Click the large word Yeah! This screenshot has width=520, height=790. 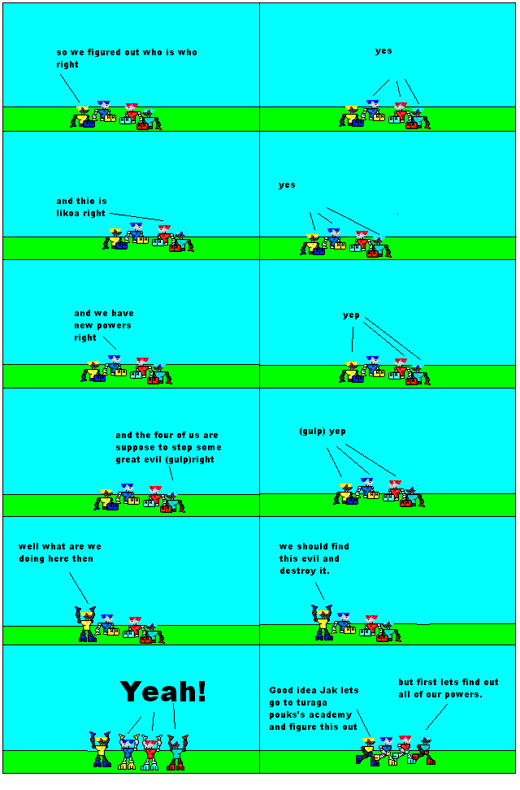tap(163, 692)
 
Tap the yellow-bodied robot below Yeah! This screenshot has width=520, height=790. tap(101, 751)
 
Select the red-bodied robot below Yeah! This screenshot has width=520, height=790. tap(150, 752)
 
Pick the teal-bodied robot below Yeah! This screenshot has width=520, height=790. tap(176, 752)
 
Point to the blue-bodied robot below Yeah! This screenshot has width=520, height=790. tap(127, 753)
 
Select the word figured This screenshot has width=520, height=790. tap(106, 52)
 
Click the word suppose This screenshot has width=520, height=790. tap(136, 447)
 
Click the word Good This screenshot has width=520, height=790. tap(281, 690)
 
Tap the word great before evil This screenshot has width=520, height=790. tap(130, 459)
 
